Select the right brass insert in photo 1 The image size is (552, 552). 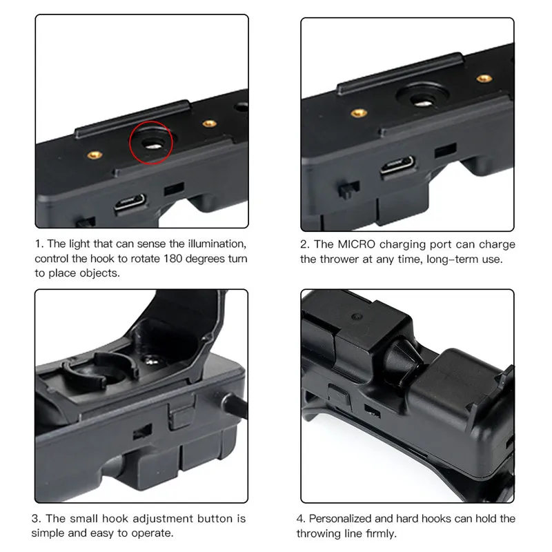tap(207, 124)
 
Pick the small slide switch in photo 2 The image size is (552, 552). tap(348, 188)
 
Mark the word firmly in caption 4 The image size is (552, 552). tap(378, 533)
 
